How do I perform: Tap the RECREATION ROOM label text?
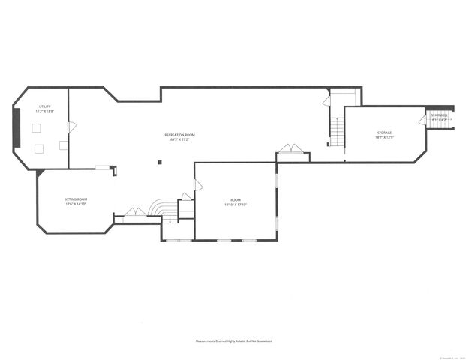pyautogui.click(x=180, y=135)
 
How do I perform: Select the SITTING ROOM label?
pyautogui.click(x=77, y=199)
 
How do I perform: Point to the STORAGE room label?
pyautogui.click(x=384, y=133)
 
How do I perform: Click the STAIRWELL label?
pyautogui.click(x=440, y=115)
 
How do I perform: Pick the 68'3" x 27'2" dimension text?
pyautogui.click(x=180, y=139)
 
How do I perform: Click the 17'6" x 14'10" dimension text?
pyautogui.click(x=77, y=204)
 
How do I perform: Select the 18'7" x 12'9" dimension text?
pyautogui.click(x=384, y=137)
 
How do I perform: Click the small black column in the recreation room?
pyautogui.click(x=158, y=161)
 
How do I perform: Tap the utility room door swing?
pyautogui.click(x=71, y=127)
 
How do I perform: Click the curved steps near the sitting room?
pyautogui.click(x=161, y=208)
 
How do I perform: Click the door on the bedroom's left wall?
pyautogui.click(x=198, y=184)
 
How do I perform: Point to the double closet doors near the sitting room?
pyautogui.click(x=135, y=212)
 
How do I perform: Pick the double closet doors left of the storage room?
pyautogui.click(x=291, y=148)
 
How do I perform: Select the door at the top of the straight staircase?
pyautogui.click(x=326, y=100)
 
